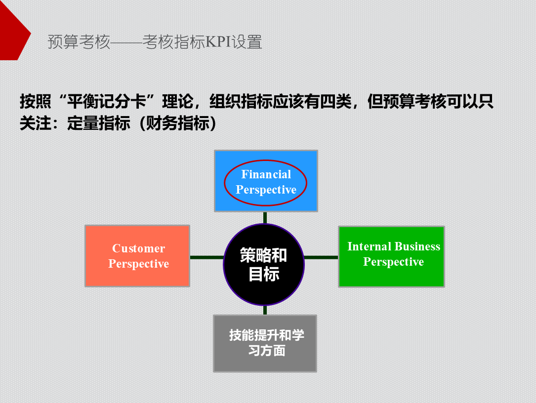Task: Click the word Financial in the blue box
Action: coord(266,174)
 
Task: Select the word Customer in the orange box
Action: coord(138,248)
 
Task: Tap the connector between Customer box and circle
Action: coord(206,257)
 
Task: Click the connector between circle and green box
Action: coord(321,257)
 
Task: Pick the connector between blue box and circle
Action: coord(265,218)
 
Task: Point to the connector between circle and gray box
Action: coord(265,310)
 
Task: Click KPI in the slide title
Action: coord(218,42)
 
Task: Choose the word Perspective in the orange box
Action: coord(138,264)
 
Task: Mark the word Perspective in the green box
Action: coord(393,262)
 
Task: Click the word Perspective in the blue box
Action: coord(266,190)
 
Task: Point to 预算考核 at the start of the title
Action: coord(79,42)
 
